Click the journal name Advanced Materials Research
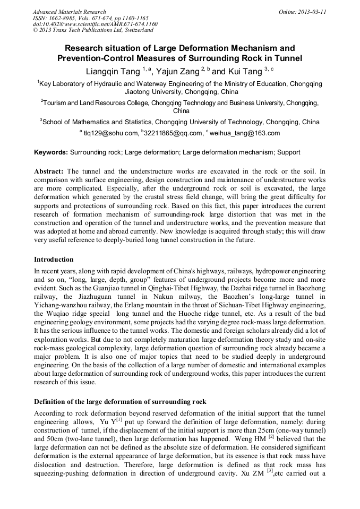pos(69,12)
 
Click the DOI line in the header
pos(95,24)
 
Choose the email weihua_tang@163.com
pos(245,133)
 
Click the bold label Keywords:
pos(51,152)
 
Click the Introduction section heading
pos(54,260)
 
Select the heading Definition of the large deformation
pos(120,401)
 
